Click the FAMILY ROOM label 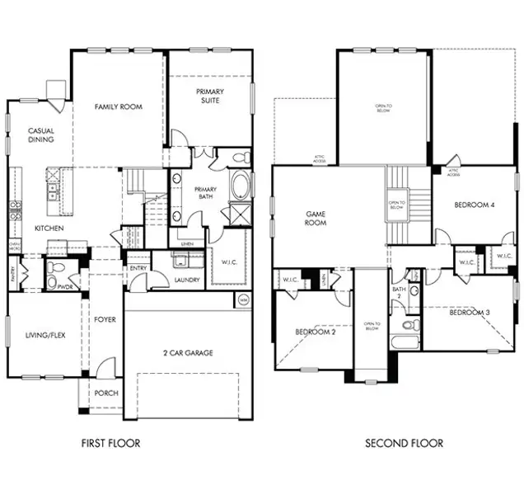click(x=118, y=106)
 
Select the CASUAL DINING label click(x=41, y=135)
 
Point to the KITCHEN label click(x=49, y=228)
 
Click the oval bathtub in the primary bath click(x=241, y=185)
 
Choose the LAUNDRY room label click(x=188, y=280)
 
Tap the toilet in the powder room click(x=51, y=282)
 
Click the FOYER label click(x=105, y=319)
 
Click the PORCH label click(x=105, y=394)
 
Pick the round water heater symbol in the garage click(x=243, y=302)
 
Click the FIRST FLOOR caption click(x=110, y=443)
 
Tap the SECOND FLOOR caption click(x=404, y=443)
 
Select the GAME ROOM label click(x=315, y=218)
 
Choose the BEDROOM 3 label click(x=470, y=313)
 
